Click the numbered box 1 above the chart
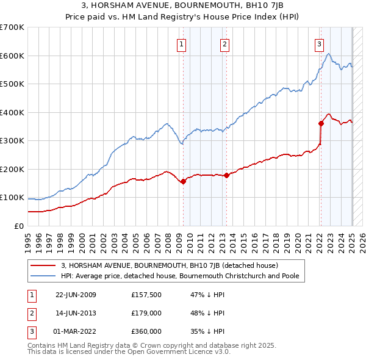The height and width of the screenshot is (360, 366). pos(182,43)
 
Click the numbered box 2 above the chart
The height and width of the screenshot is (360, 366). pos(225,43)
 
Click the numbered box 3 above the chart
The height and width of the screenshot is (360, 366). pos(319,43)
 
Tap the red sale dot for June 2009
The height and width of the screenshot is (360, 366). pos(183,181)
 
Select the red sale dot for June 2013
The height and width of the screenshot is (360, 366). pos(226,175)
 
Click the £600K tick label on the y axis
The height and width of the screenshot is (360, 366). pos(12,56)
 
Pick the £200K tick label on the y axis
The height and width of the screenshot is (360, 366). pos(12,169)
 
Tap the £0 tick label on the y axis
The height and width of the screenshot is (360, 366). pos(18,226)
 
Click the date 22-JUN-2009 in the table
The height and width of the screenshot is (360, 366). pos(76,295)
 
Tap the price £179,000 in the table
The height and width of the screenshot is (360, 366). pos(146,313)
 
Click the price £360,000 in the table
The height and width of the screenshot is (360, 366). pos(146,331)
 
